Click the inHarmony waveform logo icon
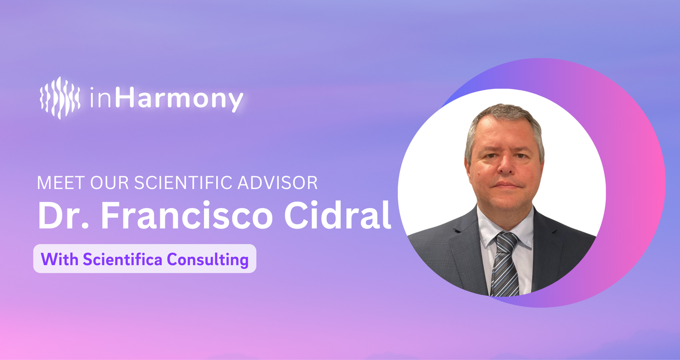(60, 98)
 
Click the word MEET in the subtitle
(61, 183)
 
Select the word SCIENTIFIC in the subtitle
(183, 183)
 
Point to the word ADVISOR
(277, 183)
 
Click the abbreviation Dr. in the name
(63, 215)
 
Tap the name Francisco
(187, 215)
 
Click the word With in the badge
(59, 259)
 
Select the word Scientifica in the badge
(123, 259)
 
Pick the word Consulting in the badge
(208, 260)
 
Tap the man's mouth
(505, 185)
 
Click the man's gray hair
(505, 122)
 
